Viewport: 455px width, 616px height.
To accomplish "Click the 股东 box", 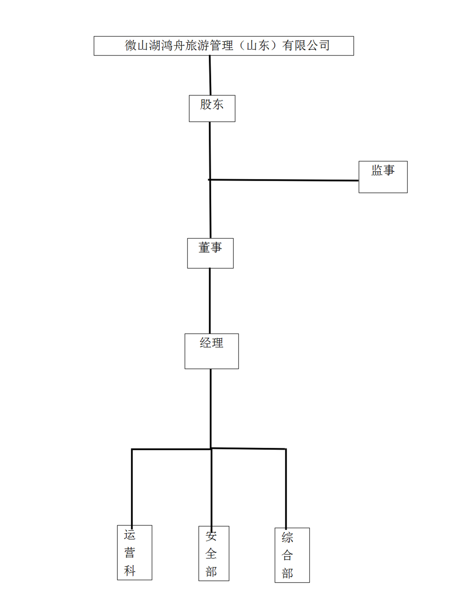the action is click(x=212, y=108).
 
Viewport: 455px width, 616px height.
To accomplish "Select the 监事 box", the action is click(x=383, y=177).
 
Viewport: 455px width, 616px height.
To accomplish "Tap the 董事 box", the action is click(x=210, y=253).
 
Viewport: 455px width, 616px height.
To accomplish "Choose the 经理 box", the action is click(x=212, y=351).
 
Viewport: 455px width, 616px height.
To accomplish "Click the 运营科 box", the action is click(x=135, y=552).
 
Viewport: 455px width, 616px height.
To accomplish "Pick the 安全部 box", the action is click(x=213, y=553).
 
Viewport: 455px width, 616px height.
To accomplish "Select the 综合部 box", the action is click(x=292, y=555).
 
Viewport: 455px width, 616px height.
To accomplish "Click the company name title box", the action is click(x=224, y=46).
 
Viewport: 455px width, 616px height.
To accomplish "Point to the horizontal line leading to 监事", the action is click(x=283, y=180).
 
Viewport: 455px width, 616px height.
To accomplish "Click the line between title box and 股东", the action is click(x=210, y=75).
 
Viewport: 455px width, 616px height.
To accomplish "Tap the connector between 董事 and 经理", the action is click(x=210, y=301).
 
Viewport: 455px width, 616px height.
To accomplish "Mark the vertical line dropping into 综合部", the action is click(x=286, y=488).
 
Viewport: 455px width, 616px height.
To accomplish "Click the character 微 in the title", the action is click(x=131, y=45).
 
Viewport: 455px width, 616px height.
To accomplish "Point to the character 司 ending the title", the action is click(x=324, y=45).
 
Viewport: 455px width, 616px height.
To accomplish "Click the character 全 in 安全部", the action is click(x=211, y=554).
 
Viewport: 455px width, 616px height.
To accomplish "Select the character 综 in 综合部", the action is click(x=287, y=538).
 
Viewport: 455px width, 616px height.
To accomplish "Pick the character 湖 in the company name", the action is click(x=155, y=45).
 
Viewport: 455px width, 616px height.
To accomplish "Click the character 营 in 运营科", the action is click(x=129, y=553).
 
